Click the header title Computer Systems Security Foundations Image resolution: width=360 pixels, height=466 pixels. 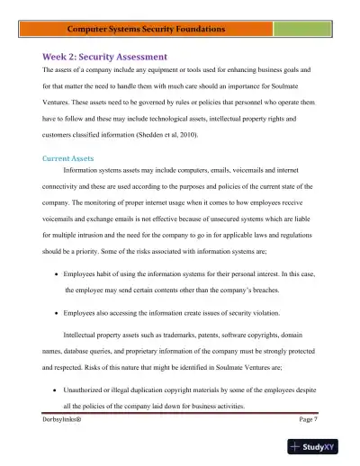180,30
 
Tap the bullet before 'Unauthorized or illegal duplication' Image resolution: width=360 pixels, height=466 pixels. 57,390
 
